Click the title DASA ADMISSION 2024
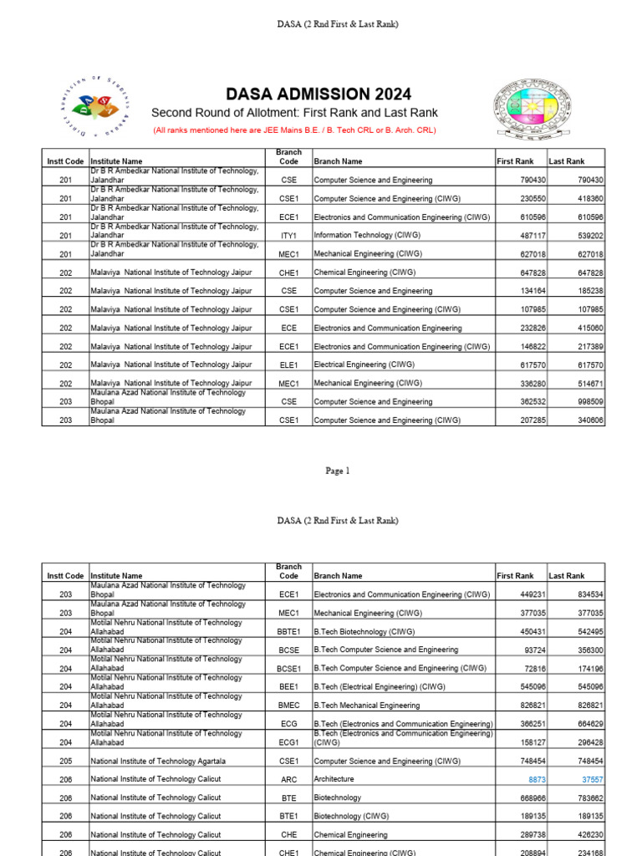pyautogui.click(x=318, y=94)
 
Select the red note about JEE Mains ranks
pyautogui.click(x=294, y=130)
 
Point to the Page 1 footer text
pyautogui.click(x=337, y=471)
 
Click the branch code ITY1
pyautogui.click(x=288, y=236)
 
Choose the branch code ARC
pyautogui.click(x=288, y=779)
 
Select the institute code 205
pyautogui.click(x=65, y=761)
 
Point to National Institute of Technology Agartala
pyautogui.click(x=158, y=761)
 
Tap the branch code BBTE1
pyautogui.click(x=288, y=632)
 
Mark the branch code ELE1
pyautogui.click(x=288, y=365)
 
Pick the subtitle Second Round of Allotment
pyautogui.click(x=293, y=113)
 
